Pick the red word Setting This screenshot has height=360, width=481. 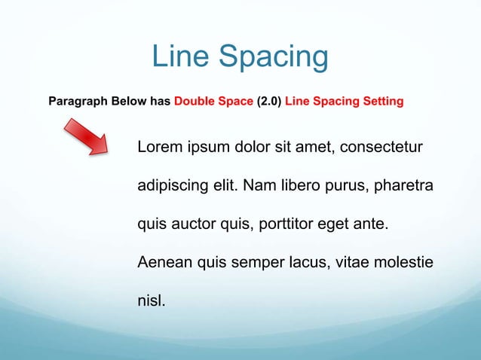point(382,100)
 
